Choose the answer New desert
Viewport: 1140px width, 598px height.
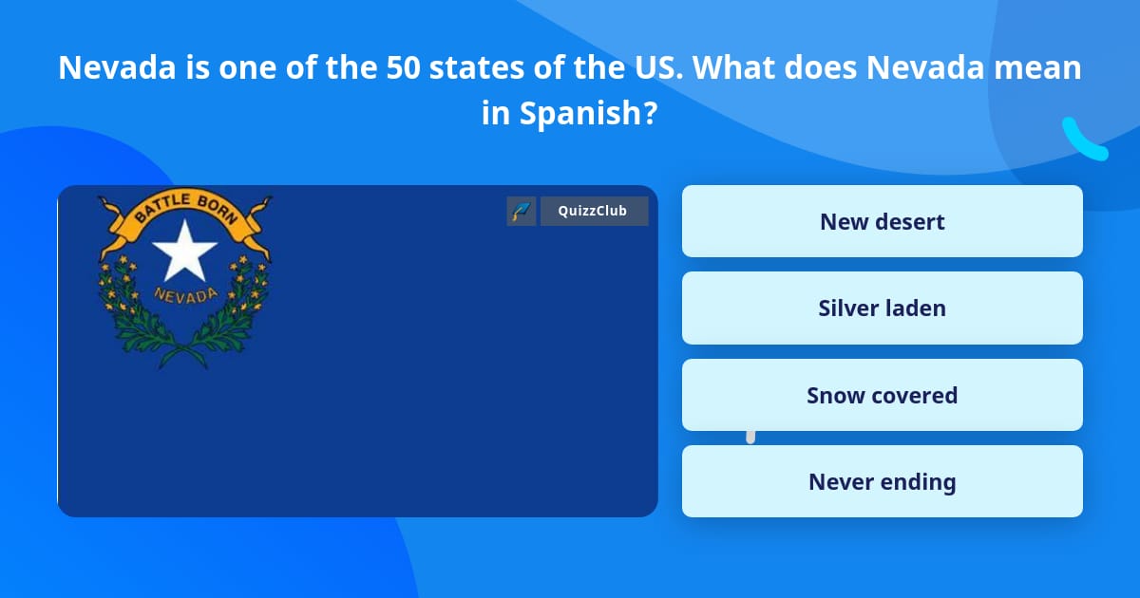[882, 221]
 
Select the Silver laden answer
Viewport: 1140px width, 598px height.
[882, 308]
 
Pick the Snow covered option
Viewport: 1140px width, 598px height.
[882, 395]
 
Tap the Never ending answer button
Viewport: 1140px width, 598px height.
[882, 481]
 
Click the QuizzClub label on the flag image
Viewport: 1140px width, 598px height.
[593, 211]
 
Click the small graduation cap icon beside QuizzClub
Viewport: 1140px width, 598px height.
[522, 211]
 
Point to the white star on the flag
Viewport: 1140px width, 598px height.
[184, 252]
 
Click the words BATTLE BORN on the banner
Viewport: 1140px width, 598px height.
[185, 207]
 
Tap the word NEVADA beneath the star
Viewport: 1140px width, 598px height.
[185, 293]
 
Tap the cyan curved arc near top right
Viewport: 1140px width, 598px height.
[1083, 140]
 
